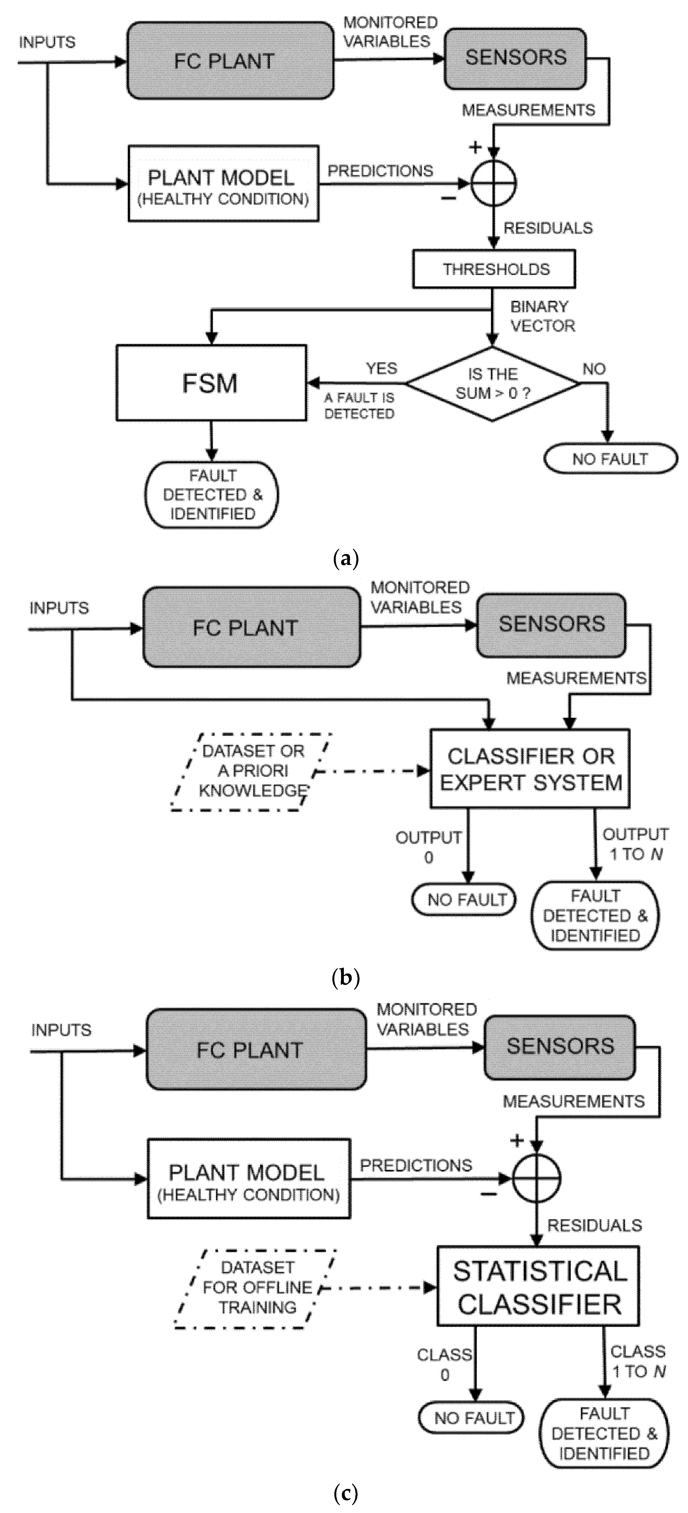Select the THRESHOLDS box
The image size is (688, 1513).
click(493, 269)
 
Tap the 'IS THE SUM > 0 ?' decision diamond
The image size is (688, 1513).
click(492, 384)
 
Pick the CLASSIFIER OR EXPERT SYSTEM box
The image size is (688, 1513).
click(530, 769)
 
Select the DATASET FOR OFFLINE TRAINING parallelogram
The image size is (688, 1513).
click(257, 1287)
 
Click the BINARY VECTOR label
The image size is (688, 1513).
click(542, 316)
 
